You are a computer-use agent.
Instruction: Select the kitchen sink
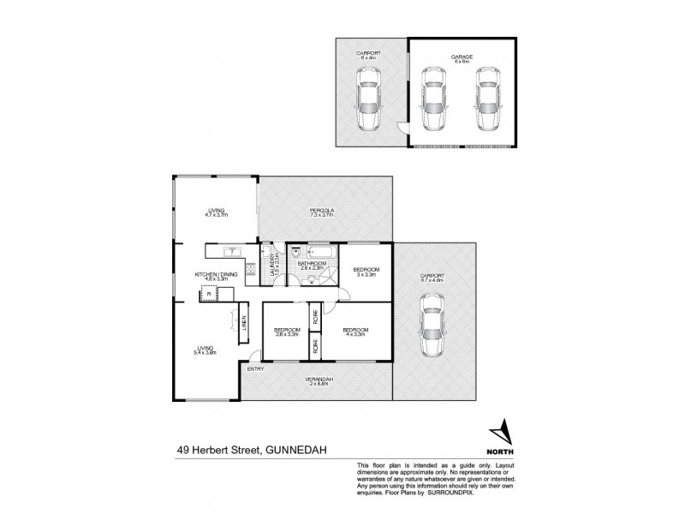pyautogui.click(x=229, y=252)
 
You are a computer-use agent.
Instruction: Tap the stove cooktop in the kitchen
pyautogui.click(x=251, y=272)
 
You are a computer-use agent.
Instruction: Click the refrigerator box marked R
pyautogui.click(x=206, y=295)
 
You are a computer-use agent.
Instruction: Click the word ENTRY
pyautogui.click(x=254, y=369)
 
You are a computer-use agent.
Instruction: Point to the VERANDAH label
pyautogui.click(x=318, y=381)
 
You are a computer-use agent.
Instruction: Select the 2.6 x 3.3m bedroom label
pyautogui.click(x=287, y=332)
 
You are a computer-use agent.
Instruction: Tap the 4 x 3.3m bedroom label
pyautogui.click(x=354, y=332)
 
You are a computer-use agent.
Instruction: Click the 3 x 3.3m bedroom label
pyautogui.click(x=366, y=272)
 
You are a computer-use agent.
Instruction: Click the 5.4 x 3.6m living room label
pyautogui.click(x=203, y=350)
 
